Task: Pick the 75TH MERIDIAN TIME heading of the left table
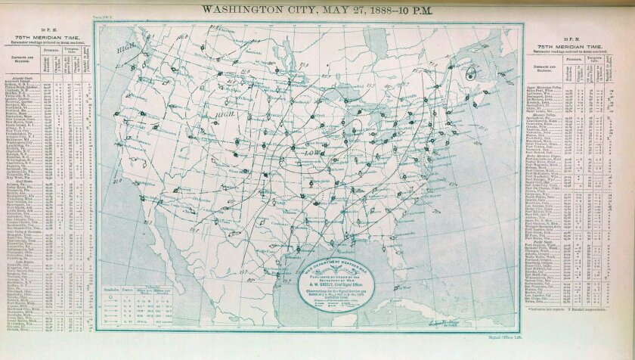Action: [x=45, y=35]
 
